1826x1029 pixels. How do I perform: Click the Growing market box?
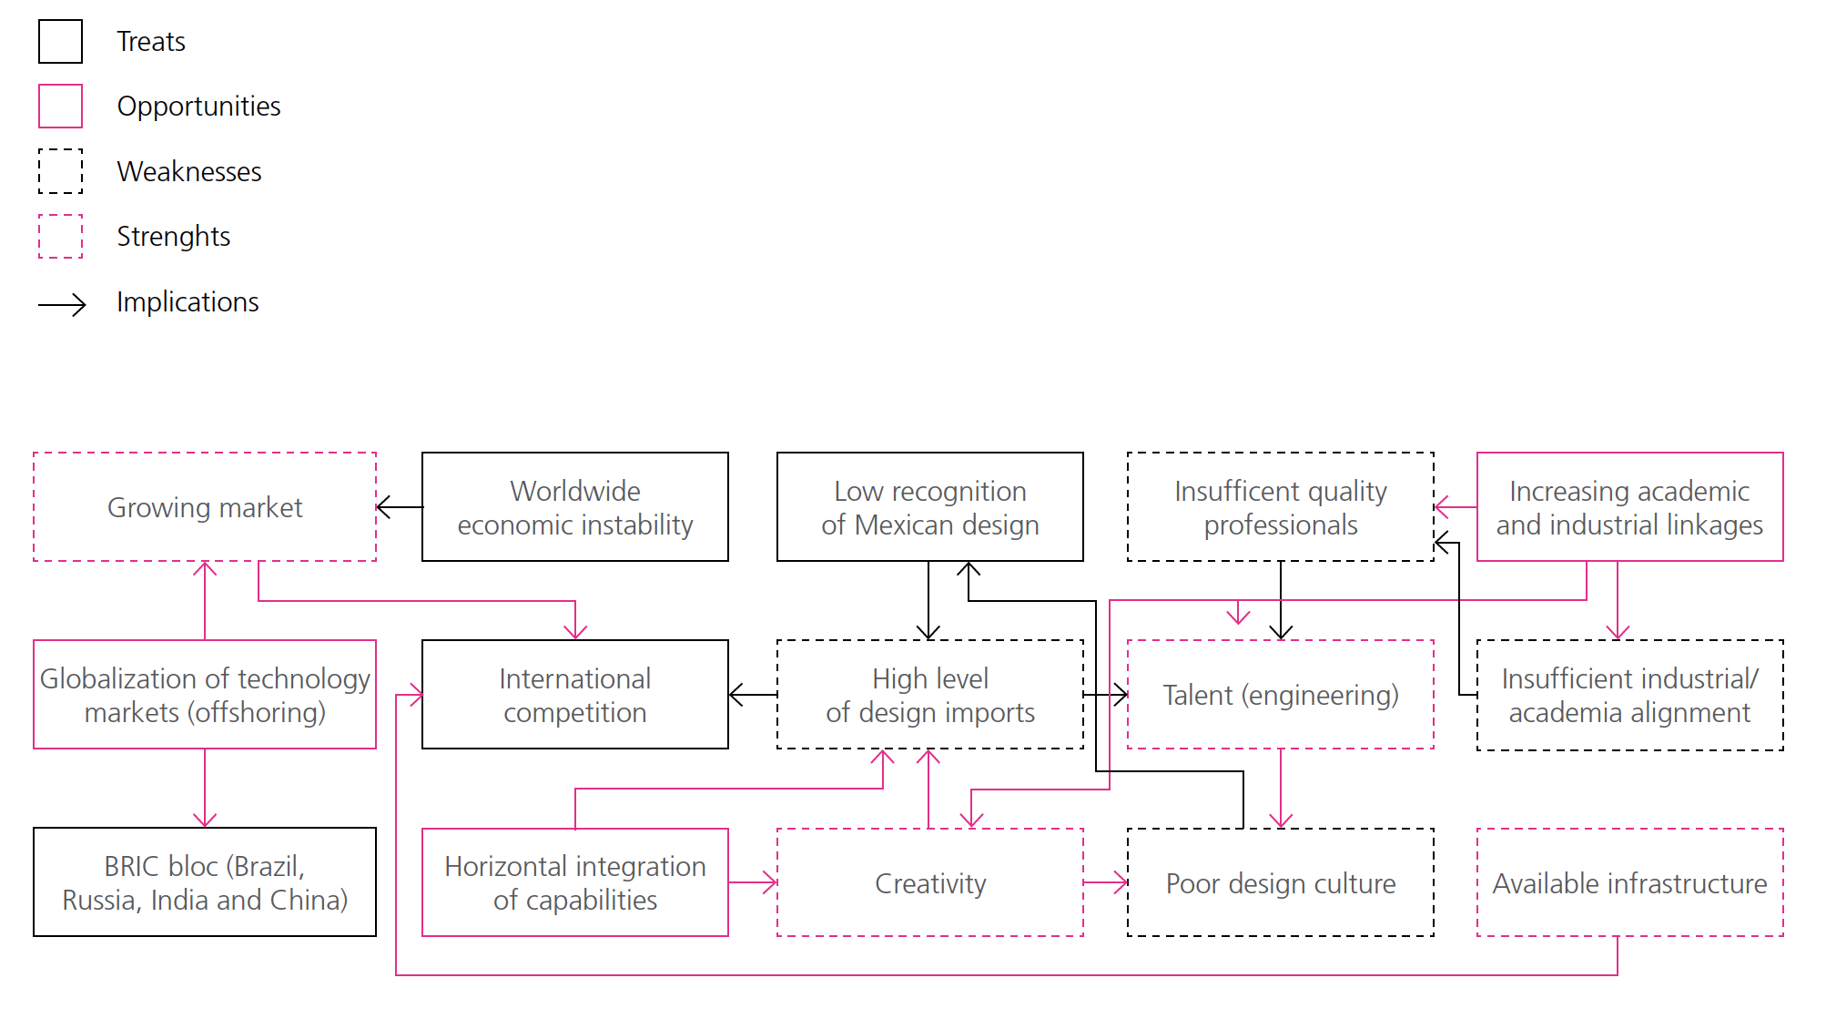pos(205,507)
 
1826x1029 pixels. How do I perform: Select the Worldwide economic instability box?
pos(574,507)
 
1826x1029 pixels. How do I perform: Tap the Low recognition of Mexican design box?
pos(929,507)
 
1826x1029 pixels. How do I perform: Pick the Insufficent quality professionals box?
pos(1280,507)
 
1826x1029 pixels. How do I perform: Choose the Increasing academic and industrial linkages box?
pos(1629,507)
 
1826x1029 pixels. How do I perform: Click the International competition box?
pos(574,695)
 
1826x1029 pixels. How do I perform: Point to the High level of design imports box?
pos(929,695)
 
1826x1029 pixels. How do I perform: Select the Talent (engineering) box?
pos(1280,695)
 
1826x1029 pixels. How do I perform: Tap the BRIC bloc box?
pos(205,881)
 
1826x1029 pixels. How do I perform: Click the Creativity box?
pos(929,882)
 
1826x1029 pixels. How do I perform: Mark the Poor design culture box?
pos(1280,882)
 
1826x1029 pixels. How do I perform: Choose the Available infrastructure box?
pos(1629,882)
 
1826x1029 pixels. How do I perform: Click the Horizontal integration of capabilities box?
pos(574,882)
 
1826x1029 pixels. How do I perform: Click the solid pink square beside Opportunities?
pos(60,107)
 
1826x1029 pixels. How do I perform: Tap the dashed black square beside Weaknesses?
pos(60,171)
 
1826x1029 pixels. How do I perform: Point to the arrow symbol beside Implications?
pos(62,304)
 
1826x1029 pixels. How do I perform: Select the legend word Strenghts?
pos(173,237)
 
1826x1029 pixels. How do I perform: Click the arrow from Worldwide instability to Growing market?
pos(400,507)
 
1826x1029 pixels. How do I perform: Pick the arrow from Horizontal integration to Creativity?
pos(753,882)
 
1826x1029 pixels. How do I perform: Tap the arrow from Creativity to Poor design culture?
pos(1105,882)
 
